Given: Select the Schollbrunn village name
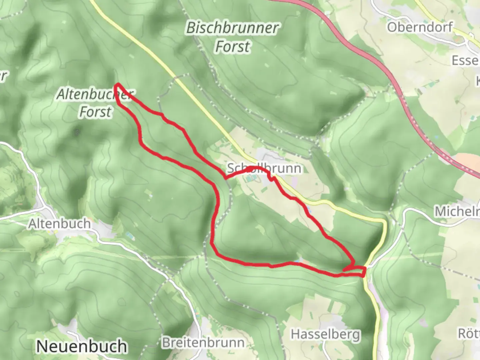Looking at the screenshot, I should click(264, 168).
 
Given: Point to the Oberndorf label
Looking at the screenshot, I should click(420, 27).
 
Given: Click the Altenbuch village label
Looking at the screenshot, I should click(59, 223).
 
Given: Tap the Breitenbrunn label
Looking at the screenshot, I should click(203, 342).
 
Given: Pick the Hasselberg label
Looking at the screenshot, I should click(326, 334).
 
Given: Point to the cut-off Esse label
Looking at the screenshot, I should click(465, 61).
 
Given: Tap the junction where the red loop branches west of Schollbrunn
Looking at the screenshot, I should click(226, 178).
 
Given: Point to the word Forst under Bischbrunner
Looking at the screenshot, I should click(232, 46).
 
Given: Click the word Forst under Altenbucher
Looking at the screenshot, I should click(95, 112).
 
